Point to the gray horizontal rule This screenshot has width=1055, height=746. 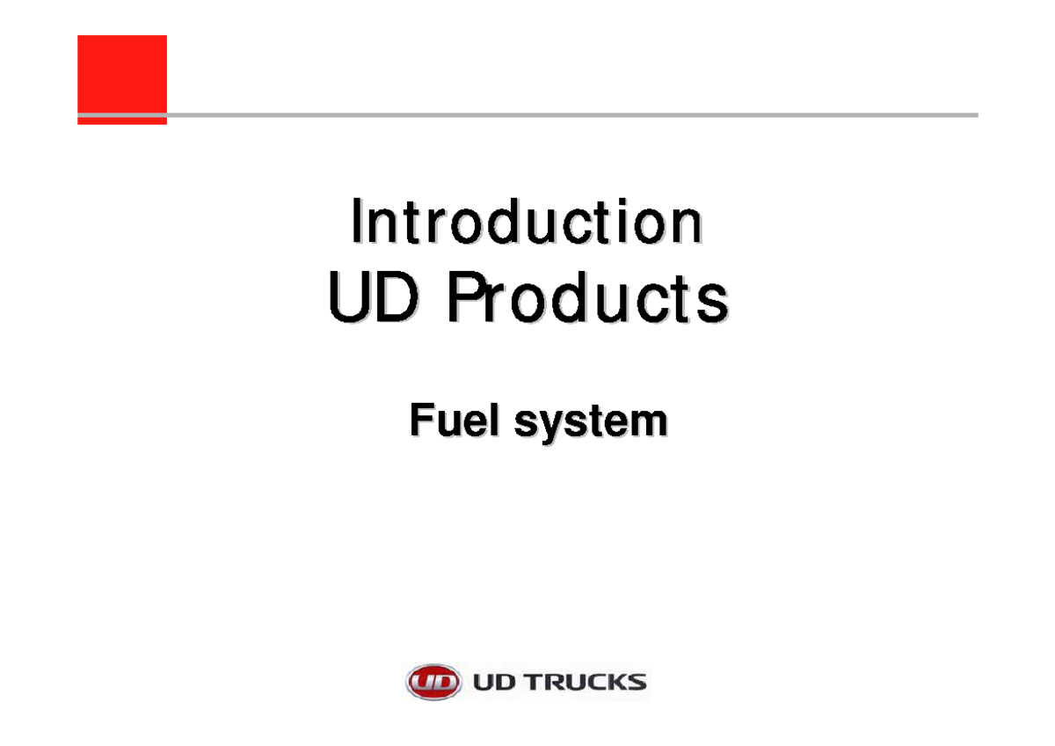571,115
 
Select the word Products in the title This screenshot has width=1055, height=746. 587,299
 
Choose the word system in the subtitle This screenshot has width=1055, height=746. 591,422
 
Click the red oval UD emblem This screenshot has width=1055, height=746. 433,682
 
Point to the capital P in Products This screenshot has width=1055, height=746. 466,299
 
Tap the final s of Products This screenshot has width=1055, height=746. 715,303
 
